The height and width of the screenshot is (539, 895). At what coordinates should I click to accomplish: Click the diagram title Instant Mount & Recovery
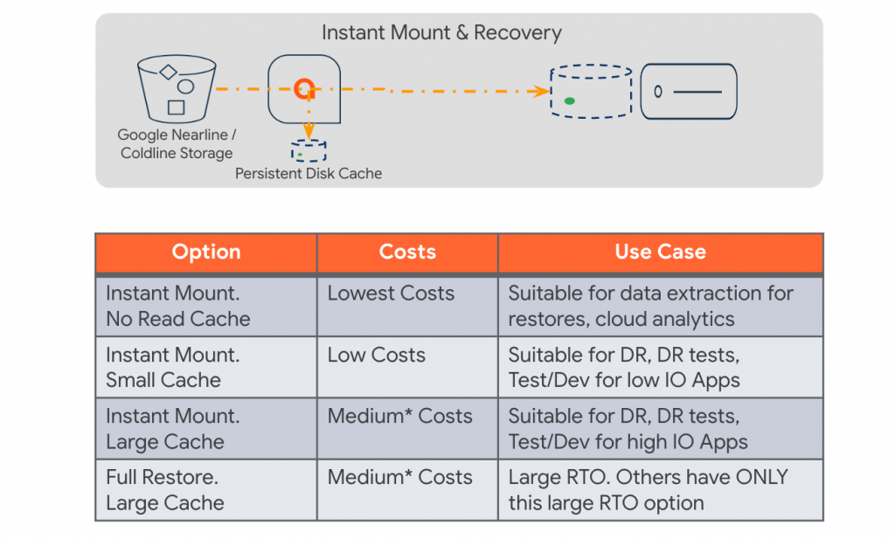(441, 32)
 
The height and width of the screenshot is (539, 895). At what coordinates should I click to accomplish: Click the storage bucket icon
(177, 88)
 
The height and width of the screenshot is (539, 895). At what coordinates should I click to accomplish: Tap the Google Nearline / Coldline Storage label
(177, 144)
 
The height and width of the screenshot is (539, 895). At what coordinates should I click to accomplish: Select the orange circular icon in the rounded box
(303, 88)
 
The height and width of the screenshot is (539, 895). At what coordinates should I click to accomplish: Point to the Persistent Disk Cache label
(309, 173)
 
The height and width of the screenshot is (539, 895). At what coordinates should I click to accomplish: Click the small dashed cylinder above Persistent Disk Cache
(309, 151)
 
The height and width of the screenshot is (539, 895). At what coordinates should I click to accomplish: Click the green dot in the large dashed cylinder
(569, 101)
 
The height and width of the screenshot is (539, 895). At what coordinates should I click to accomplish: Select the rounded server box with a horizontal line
(689, 91)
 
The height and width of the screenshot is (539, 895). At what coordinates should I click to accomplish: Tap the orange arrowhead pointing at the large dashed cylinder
(542, 91)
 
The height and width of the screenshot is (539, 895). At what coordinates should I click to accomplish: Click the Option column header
(206, 252)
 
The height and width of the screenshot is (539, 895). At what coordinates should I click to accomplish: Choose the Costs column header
(407, 252)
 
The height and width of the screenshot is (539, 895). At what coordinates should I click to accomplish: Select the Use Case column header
(661, 252)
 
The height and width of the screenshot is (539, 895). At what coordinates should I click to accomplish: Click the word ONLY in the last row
(761, 477)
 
